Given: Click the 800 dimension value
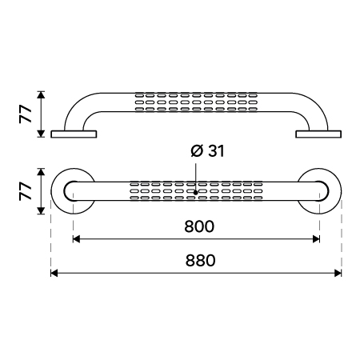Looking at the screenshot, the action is (199, 226).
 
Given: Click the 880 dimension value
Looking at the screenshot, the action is (200, 260).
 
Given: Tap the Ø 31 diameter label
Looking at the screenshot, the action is (208, 151).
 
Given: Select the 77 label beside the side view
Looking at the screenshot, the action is (26, 114).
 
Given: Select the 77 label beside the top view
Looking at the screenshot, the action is (26, 191).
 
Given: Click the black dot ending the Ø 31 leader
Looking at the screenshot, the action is (196, 192).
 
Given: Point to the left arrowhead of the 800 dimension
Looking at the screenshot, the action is (76, 239).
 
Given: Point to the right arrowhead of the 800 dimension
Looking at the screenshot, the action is (316, 239).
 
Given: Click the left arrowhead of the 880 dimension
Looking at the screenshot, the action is (54, 273).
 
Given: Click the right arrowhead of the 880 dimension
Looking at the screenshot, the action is (338, 273).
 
